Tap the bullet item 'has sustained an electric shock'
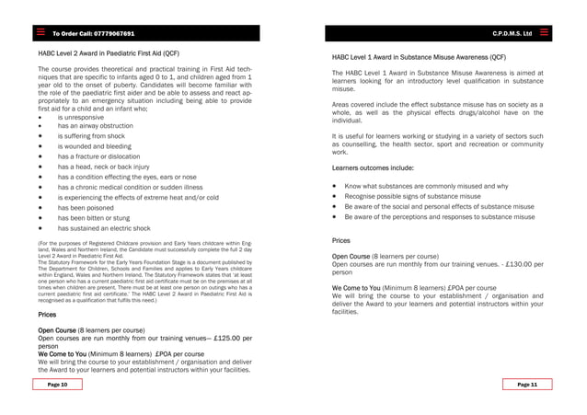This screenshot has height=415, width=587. click(x=103, y=228)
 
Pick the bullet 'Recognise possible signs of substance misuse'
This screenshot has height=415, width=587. click(x=412, y=197)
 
